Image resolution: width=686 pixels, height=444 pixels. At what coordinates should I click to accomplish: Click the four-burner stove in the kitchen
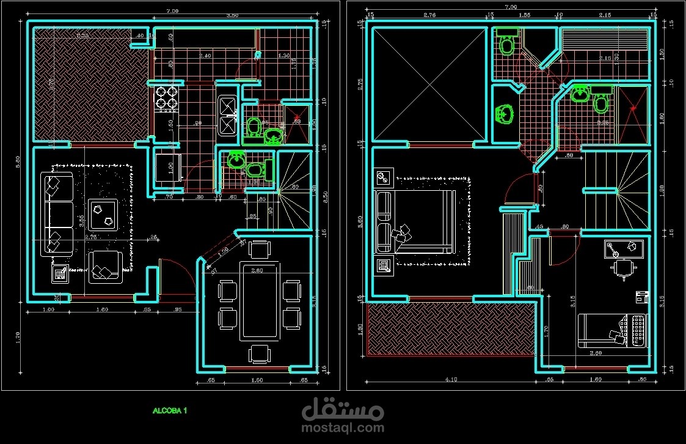(x=167, y=99)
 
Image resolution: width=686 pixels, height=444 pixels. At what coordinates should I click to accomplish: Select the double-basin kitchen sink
(x=227, y=115)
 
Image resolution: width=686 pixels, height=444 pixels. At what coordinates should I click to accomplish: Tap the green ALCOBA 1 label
(x=170, y=410)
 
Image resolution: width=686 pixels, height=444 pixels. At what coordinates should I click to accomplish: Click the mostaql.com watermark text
(x=343, y=429)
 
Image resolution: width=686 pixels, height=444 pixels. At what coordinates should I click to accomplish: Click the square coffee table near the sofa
(x=102, y=214)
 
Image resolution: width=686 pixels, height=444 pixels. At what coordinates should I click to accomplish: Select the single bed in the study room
(x=612, y=331)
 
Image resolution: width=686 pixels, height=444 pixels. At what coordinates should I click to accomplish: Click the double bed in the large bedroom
(x=415, y=221)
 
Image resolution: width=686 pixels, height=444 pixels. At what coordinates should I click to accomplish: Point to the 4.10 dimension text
(x=450, y=379)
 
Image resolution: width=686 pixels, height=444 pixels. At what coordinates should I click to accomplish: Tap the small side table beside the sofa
(x=60, y=273)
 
